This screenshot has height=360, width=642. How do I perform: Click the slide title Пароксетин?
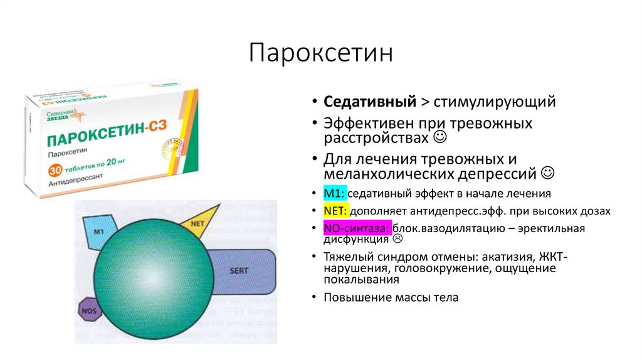tap(321, 54)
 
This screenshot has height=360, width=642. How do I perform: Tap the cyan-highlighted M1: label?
tap(335, 194)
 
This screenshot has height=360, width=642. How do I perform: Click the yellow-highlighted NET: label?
tap(335, 211)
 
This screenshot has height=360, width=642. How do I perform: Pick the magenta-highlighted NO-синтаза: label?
tap(357, 228)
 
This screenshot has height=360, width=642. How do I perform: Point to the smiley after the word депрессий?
tap(547, 171)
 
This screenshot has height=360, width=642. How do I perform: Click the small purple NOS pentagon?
tap(89, 309)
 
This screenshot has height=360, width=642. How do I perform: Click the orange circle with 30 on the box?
tap(55, 171)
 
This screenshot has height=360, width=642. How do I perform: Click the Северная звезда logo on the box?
tap(61, 117)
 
